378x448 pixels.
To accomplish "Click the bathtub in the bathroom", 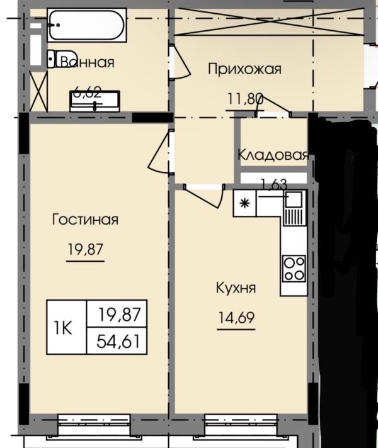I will tap(87, 25).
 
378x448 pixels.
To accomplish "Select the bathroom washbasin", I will tap(94, 101).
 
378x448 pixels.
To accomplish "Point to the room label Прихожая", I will tap(244, 69).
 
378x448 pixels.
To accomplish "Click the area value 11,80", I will tap(244, 98).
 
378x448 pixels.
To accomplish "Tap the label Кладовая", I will tap(272, 154).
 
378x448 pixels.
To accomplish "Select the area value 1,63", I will tap(273, 184).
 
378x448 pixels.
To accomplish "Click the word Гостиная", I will tap(85, 220).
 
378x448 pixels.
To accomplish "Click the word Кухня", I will tap(235, 288).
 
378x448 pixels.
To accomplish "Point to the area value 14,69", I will tap(235, 317).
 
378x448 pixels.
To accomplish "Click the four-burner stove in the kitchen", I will tap(293, 268).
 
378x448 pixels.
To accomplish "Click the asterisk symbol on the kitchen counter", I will tap(244, 203).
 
